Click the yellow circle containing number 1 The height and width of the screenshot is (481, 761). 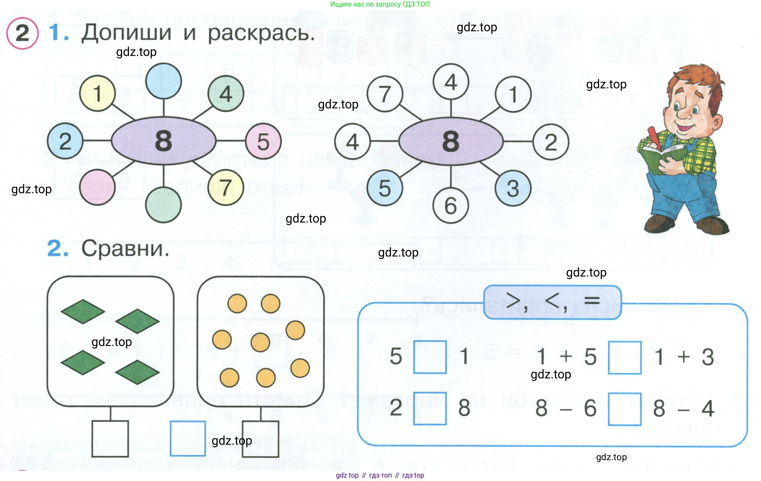click(97, 93)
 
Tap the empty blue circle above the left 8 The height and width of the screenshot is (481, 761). click(164, 81)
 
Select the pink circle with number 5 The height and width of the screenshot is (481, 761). click(264, 141)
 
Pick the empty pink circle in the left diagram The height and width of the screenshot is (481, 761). click(97, 187)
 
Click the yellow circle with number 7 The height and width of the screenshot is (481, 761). click(226, 187)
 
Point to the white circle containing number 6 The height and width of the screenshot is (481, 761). click(450, 206)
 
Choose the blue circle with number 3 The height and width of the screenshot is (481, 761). click(513, 188)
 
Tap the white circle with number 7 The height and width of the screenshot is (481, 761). click(385, 94)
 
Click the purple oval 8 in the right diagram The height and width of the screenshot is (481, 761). click(451, 141)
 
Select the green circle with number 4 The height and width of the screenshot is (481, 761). click(226, 94)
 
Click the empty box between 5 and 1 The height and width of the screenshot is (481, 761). click(430, 357)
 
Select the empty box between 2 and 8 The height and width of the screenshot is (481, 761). click(430, 408)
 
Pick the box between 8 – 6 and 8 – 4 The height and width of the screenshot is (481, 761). click(625, 409)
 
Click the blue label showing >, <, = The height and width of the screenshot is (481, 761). click(552, 302)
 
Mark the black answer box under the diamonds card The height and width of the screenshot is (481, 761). click(110, 439)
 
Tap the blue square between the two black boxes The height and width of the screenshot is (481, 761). click(188, 439)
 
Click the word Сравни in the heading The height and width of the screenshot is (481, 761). click(125, 248)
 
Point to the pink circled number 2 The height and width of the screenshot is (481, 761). click(22, 33)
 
